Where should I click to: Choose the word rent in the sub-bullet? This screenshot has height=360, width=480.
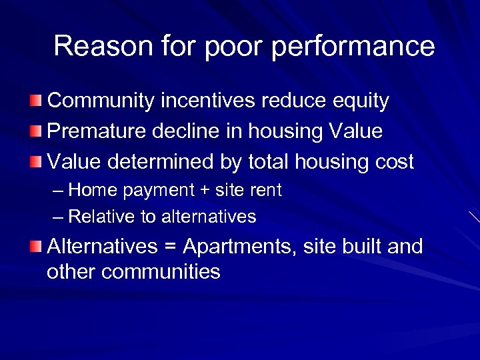coord(267,191)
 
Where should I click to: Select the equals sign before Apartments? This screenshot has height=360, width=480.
coord(169,247)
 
